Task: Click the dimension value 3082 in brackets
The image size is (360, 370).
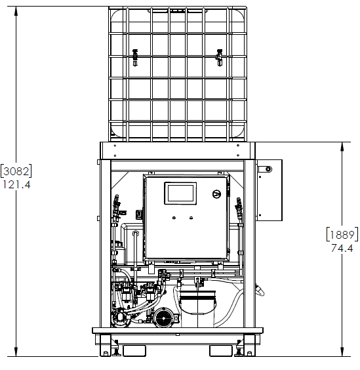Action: (16, 171)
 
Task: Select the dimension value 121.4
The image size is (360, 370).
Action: (16, 184)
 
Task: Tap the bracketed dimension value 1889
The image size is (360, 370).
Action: (342, 235)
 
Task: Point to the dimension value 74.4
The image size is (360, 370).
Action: (342, 248)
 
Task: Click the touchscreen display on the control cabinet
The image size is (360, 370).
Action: (180, 194)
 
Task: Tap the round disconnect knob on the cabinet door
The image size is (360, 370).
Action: (216, 194)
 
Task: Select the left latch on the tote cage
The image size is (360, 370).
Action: (135, 58)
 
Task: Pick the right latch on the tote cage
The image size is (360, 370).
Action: (219, 58)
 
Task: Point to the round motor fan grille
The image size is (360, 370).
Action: (164, 318)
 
